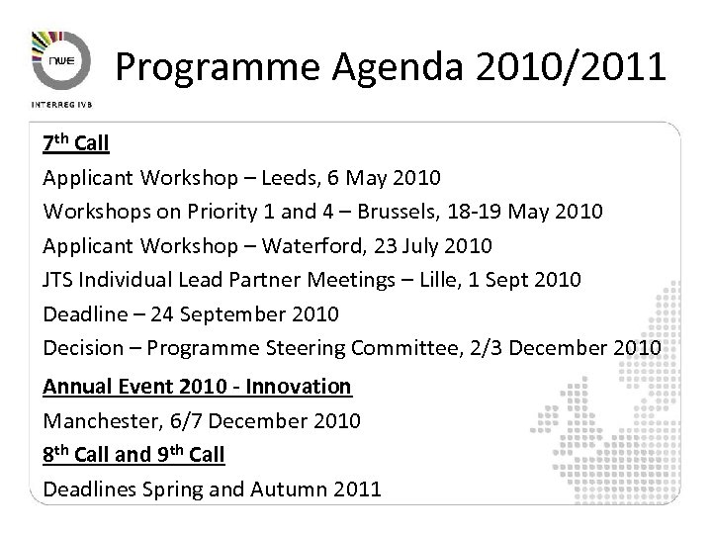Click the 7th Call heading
[x=75, y=144]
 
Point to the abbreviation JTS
[x=58, y=281]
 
